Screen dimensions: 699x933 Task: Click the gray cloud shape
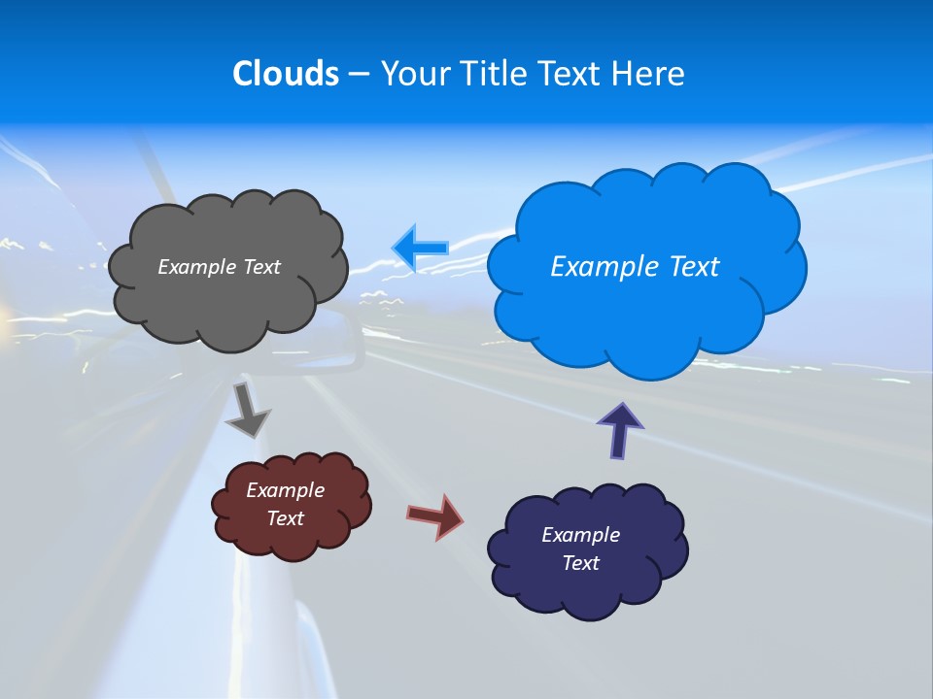tap(228, 301)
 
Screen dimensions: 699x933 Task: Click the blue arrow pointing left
tap(421, 248)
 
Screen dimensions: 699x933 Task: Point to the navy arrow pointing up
tap(619, 429)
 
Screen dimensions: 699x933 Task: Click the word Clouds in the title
tap(285, 74)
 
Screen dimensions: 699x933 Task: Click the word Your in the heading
tap(414, 74)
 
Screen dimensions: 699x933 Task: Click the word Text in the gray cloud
tap(261, 267)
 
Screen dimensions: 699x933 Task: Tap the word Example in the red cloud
tap(285, 490)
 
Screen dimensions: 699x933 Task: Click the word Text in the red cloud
tap(285, 518)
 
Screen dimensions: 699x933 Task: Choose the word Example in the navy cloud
tap(580, 535)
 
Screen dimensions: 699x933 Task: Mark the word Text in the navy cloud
tap(580, 563)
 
